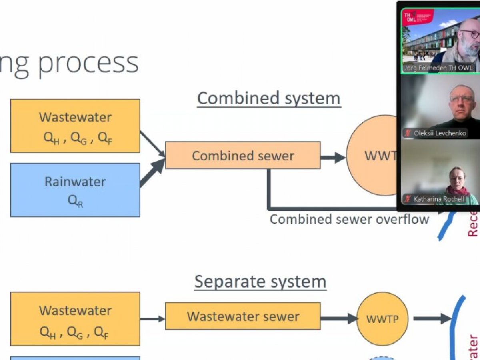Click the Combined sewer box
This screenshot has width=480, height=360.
242,155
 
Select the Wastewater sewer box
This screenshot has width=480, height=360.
242,316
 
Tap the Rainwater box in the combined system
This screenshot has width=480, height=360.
75,190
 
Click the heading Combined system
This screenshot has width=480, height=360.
268,98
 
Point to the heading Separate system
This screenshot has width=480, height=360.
260,282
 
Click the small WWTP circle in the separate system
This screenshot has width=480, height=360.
382,318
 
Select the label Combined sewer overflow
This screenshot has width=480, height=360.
349,219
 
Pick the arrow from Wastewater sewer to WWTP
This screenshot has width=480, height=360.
338,319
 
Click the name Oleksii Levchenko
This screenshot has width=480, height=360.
440,133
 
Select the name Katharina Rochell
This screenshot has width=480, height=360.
439,199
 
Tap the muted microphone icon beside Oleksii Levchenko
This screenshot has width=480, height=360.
408,133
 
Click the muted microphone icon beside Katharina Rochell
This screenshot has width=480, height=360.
408,199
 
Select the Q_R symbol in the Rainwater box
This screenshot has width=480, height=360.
75,200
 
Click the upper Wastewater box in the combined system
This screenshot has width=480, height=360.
75,126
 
